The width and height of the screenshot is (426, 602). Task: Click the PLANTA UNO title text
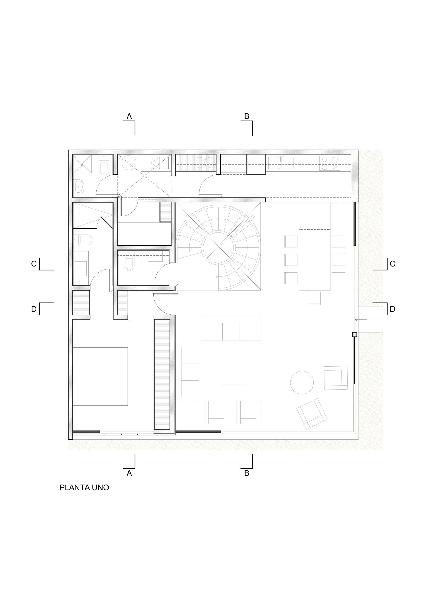point(84,487)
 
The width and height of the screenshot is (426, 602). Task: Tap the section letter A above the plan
point(129,116)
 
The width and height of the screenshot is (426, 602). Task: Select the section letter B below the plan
point(247,473)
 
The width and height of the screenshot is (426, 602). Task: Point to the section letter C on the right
point(392,264)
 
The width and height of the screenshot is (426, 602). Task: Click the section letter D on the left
point(34,309)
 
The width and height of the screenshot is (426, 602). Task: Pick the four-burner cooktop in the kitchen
point(329,163)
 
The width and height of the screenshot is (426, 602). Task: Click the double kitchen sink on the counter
point(281,162)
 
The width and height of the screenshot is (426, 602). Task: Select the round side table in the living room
point(302,383)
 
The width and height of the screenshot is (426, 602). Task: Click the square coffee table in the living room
point(233,372)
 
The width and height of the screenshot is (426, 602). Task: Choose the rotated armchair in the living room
point(312,414)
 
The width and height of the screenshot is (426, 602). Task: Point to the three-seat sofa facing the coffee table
point(231,329)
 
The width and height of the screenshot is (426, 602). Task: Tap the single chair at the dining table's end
point(315,298)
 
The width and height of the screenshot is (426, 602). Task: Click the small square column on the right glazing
point(354,334)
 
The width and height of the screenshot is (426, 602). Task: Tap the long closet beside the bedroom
point(162,374)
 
